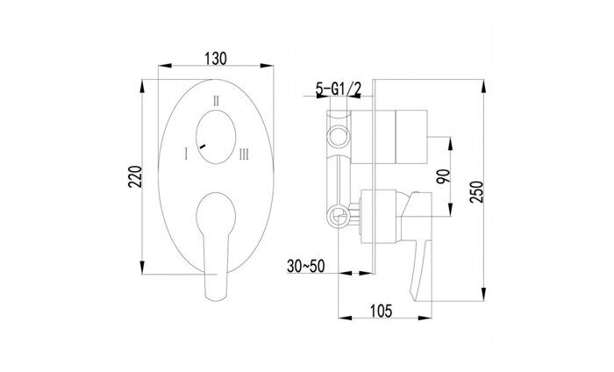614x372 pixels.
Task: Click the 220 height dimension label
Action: coord(133,179)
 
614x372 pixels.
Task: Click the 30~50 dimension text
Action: coord(306,263)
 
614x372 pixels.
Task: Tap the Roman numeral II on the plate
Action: coord(216,100)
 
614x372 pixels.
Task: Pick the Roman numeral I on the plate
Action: coord(186,154)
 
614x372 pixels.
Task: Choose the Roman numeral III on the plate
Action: coord(243,154)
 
